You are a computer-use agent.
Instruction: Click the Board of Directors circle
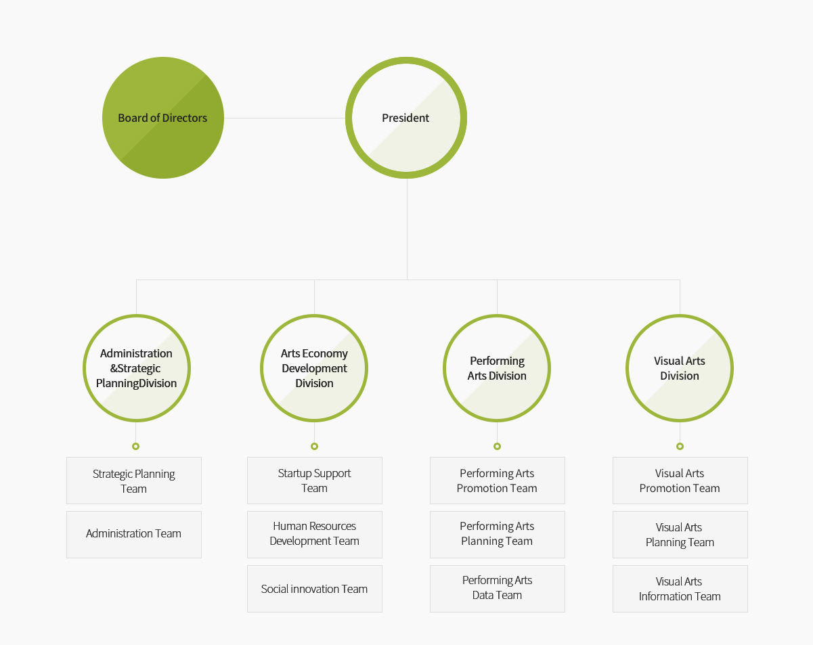click(x=163, y=118)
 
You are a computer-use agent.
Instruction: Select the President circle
click(x=406, y=118)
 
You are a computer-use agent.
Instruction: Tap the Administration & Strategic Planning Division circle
click(x=136, y=368)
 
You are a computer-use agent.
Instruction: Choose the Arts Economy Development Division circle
click(x=314, y=368)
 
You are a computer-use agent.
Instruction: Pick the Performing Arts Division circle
click(x=497, y=368)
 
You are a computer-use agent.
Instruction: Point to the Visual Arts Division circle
click(x=680, y=368)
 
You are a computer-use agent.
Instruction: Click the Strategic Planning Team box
click(x=134, y=481)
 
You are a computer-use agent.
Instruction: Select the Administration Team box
click(x=134, y=535)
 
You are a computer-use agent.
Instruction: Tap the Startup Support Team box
click(x=315, y=481)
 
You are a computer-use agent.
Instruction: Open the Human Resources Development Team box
click(x=315, y=535)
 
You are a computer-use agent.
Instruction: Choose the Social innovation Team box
click(x=315, y=589)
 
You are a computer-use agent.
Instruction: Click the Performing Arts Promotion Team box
click(x=497, y=481)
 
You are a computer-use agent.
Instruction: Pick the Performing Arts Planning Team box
click(x=497, y=535)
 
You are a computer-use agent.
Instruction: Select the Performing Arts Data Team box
click(x=497, y=589)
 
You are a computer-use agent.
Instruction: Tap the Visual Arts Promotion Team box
click(x=680, y=481)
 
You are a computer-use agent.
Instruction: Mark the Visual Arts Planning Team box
click(x=680, y=535)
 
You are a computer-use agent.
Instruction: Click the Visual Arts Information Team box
click(x=680, y=589)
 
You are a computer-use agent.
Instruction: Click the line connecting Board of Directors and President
click(x=284, y=118)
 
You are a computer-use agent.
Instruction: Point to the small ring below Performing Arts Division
click(x=497, y=446)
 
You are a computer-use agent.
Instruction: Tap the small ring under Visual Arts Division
click(x=680, y=446)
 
